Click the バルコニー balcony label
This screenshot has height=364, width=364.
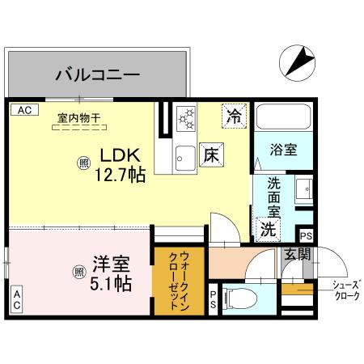click(98, 76)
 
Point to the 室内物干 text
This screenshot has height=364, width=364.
click(78, 118)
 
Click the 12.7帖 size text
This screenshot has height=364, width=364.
click(120, 173)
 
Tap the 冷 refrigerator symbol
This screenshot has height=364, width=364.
click(234, 116)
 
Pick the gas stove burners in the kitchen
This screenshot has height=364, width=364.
click(186, 121)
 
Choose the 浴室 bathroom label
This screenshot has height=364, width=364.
click(282, 150)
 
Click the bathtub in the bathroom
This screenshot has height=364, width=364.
click(281, 122)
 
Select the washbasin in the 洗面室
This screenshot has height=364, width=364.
click(303, 191)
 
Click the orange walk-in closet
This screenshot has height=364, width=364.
click(179, 281)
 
